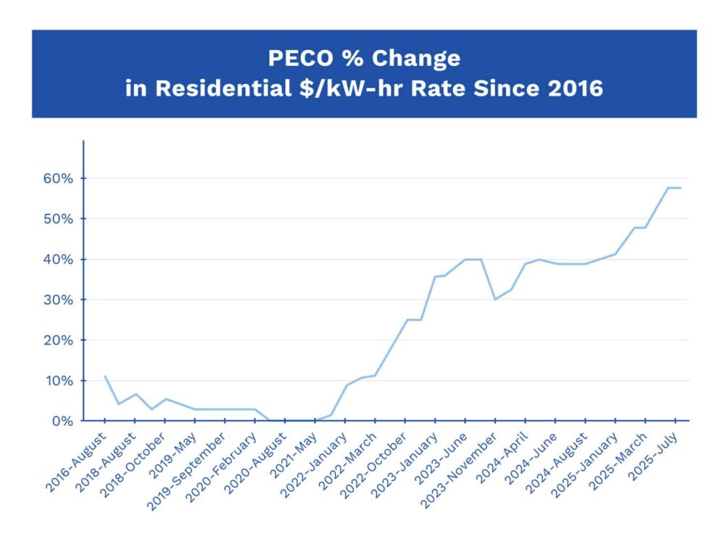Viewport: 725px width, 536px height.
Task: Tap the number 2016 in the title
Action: [x=572, y=88]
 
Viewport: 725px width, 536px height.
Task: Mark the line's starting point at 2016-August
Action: [x=105, y=376]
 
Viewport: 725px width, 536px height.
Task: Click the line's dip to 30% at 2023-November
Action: [x=494, y=300]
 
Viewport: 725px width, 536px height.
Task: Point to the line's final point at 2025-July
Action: [x=680, y=188]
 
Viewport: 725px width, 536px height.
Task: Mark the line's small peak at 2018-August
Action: [x=135, y=394]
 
